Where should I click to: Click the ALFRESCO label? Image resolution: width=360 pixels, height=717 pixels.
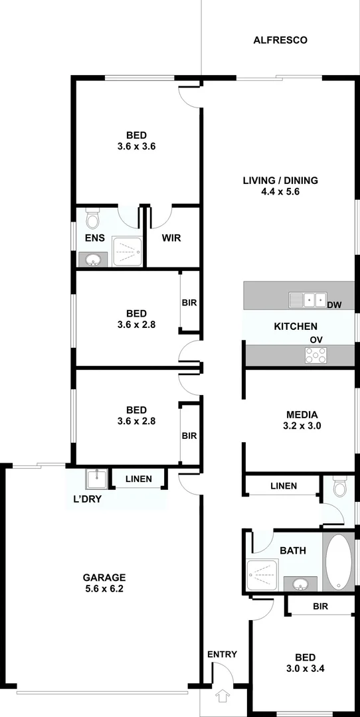[280, 40]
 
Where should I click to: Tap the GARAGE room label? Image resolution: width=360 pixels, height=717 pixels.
[104, 577]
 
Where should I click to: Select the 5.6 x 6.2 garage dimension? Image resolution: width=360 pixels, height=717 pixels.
[104, 589]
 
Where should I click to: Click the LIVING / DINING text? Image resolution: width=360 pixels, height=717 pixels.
[280, 180]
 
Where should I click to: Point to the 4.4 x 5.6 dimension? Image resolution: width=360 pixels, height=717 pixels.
[280, 192]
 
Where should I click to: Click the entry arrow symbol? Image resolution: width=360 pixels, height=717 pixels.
[222, 697]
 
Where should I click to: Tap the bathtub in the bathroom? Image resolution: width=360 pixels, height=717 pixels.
[339, 562]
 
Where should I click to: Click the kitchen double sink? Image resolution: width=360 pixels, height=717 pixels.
[307, 300]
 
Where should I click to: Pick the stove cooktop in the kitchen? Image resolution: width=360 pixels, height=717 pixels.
[315, 356]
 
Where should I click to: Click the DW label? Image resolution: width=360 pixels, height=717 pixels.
[334, 305]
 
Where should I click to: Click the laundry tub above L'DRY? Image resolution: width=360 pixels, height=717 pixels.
[96, 478]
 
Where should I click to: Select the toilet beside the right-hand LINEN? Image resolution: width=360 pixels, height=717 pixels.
[340, 488]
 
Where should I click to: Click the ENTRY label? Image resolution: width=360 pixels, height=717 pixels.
[222, 655]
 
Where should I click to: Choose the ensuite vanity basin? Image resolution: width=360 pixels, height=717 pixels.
[92, 259]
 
